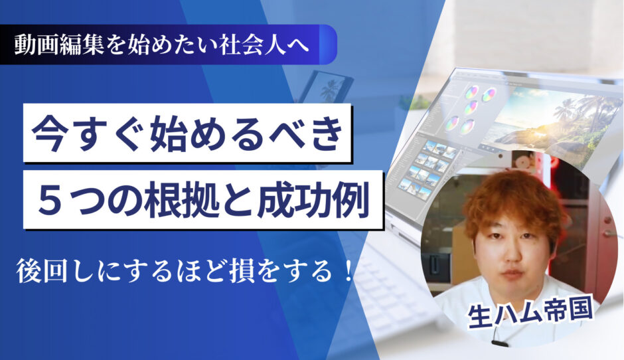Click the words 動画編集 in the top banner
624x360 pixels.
pos(60,45)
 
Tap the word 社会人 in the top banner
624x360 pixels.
pos(253,45)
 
